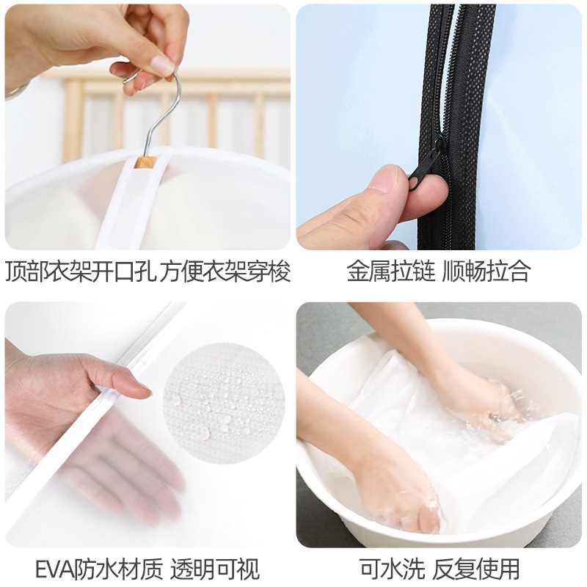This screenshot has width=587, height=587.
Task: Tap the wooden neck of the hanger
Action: coord(145,160)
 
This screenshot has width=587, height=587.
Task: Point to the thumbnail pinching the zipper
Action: coord(387,178)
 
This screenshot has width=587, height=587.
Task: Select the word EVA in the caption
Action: coord(55,568)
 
